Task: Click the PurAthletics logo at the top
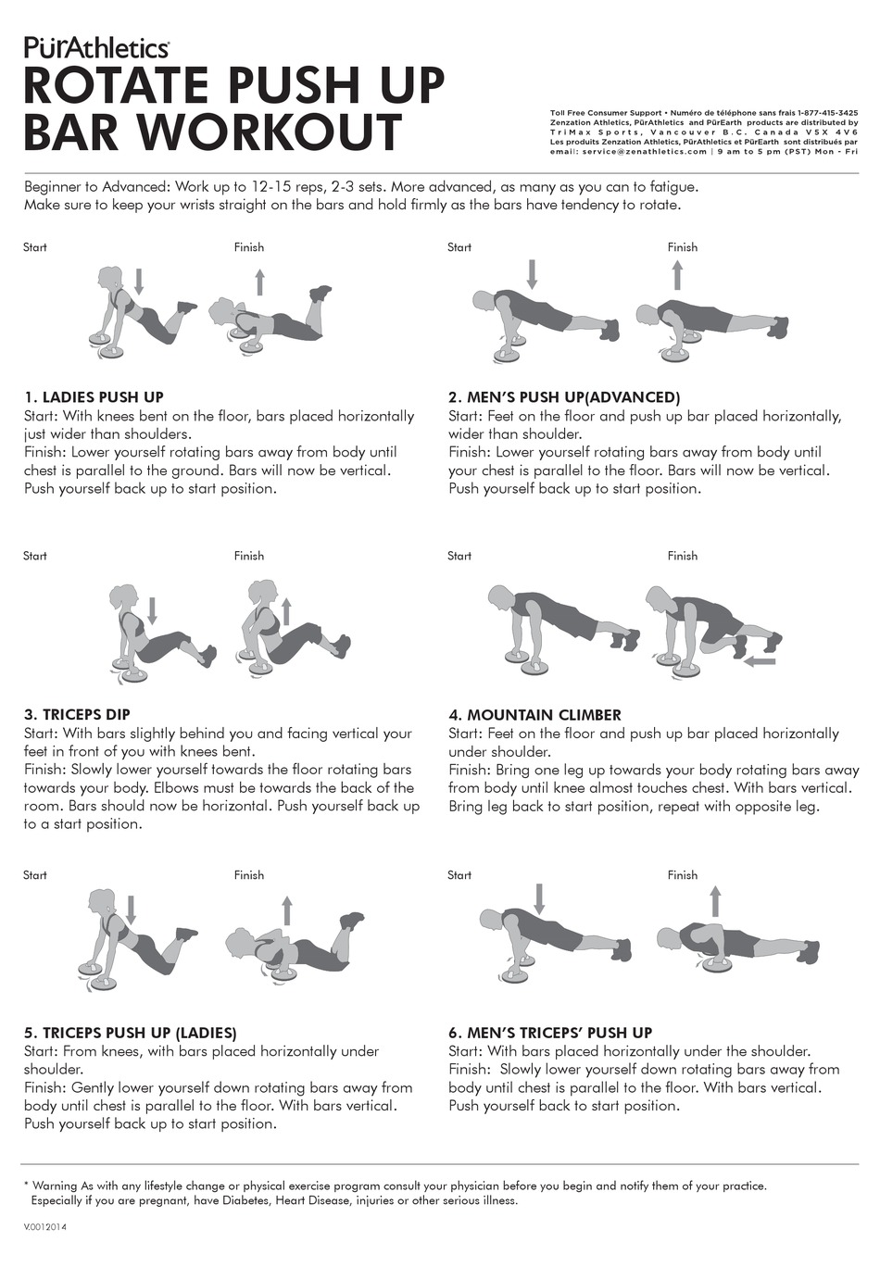tap(95, 47)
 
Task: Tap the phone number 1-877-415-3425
tap(827, 113)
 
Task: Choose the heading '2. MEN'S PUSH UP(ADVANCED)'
tap(564, 397)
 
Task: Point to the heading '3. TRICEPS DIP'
tap(77, 714)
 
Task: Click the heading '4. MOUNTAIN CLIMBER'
tap(534, 714)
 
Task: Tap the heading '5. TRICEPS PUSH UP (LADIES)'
tap(130, 1033)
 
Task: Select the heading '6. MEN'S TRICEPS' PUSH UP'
tap(550, 1033)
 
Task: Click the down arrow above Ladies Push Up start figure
tap(139, 281)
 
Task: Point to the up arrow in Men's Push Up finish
tap(678, 275)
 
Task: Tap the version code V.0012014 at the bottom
tap(44, 1227)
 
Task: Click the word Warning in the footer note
tap(55, 1185)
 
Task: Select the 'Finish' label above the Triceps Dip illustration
tap(249, 556)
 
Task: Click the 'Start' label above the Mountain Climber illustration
tap(459, 556)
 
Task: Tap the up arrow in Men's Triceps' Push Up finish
tap(715, 900)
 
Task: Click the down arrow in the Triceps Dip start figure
tap(153, 610)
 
